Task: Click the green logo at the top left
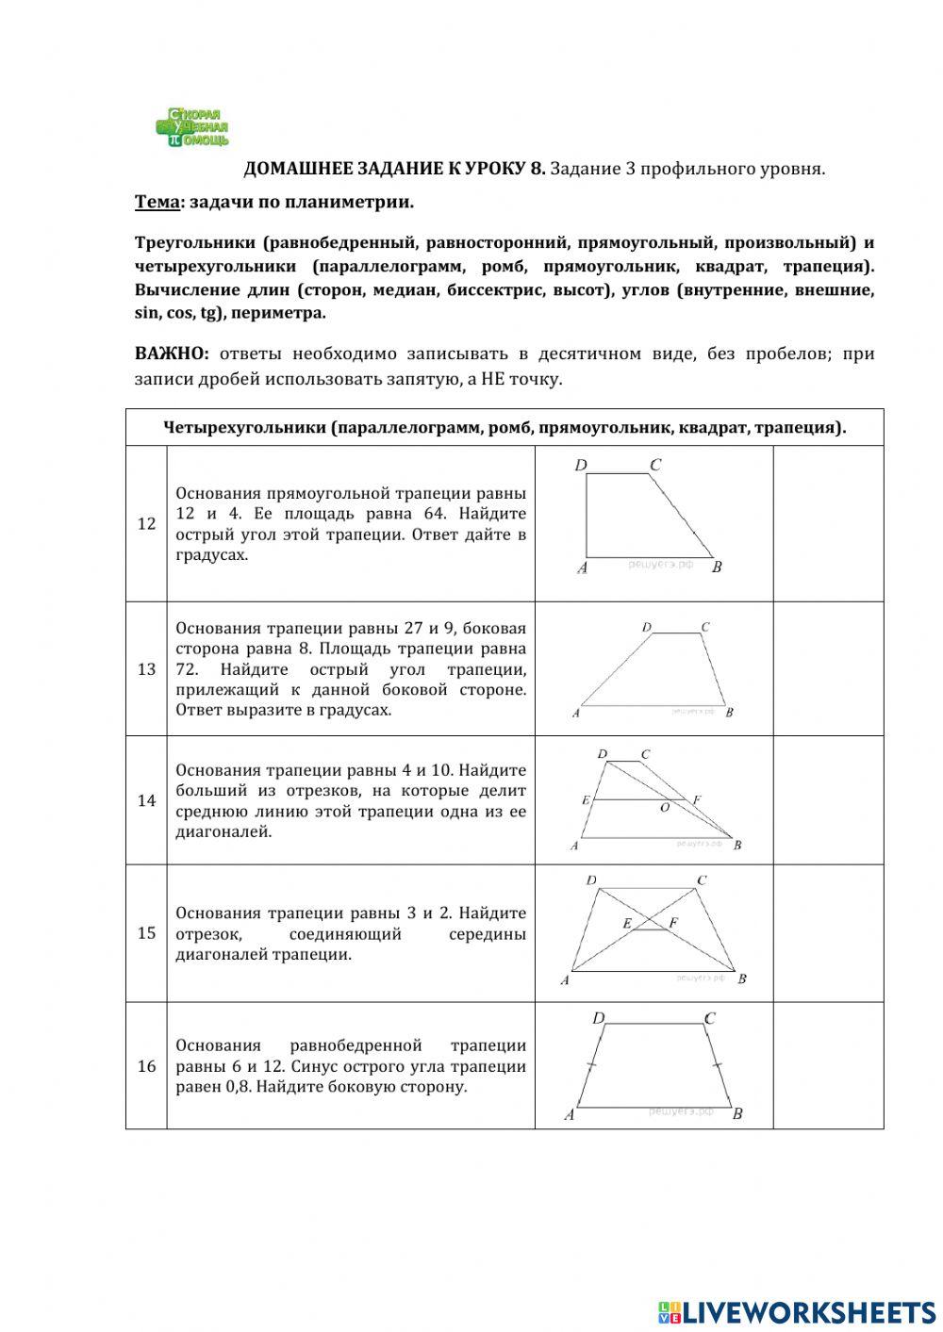[x=192, y=127]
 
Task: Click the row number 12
[x=146, y=524]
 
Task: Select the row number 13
[x=146, y=669]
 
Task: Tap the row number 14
[x=146, y=800]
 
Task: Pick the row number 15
[x=146, y=933]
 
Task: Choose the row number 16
[x=146, y=1066]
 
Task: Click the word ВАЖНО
[x=171, y=354]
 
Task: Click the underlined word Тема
[x=157, y=202]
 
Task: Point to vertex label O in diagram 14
[x=665, y=808]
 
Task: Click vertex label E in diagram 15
[x=626, y=924]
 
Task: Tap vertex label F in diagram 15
[x=673, y=923]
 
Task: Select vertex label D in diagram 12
[x=581, y=465]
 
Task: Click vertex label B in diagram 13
[x=730, y=713]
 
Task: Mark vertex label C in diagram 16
[x=709, y=1018]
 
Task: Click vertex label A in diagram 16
[x=570, y=1114]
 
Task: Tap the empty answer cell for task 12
[x=828, y=523]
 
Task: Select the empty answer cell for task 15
[x=828, y=933]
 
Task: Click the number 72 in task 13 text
[x=187, y=669]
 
